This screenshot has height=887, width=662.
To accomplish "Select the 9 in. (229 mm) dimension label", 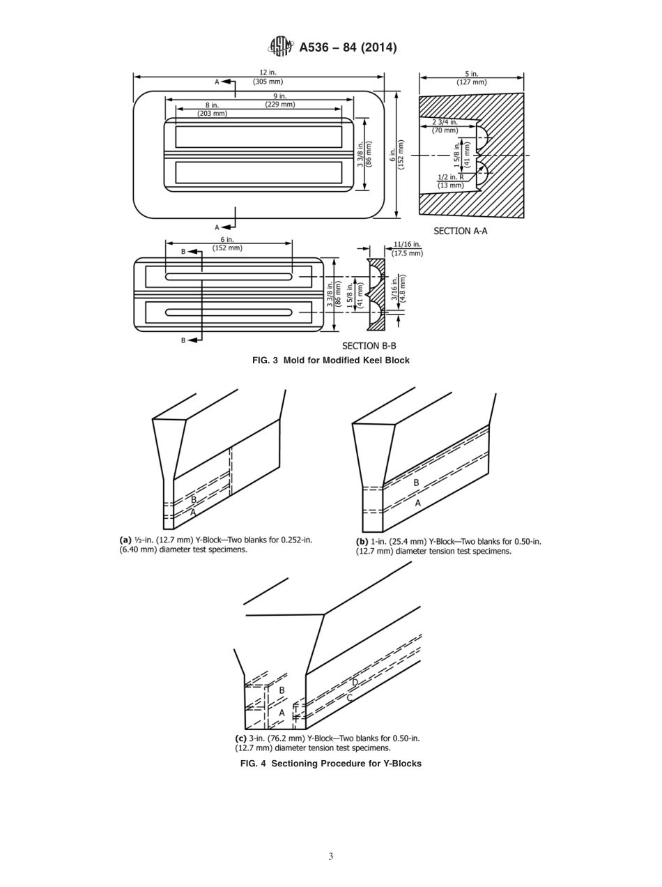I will click(279, 100).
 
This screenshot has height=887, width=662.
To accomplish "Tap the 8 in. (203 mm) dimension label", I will click(212, 109).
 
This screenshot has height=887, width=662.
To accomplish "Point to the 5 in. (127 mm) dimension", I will click(472, 77).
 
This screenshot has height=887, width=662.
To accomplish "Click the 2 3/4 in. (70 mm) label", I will click(445, 126).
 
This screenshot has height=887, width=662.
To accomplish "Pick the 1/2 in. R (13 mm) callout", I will click(450, 181).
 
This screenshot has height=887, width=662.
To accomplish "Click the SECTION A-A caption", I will click(460, 231).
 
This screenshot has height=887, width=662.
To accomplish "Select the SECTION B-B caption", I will click(369, 345).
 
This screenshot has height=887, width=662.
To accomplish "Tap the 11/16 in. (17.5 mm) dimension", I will click(407, 248).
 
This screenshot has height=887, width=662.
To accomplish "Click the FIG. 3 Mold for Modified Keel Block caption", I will click(330, 361).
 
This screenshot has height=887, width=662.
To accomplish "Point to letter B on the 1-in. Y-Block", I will click(417, 483).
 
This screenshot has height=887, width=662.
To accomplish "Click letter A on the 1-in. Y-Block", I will click(418, 503).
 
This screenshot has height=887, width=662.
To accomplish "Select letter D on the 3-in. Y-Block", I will click(355, 683).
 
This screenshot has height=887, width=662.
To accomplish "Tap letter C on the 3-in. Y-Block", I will click(349, 697).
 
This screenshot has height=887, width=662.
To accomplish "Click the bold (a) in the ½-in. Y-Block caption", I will click(125, 540).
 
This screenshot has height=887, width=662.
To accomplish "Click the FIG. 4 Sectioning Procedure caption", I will click(330, 764).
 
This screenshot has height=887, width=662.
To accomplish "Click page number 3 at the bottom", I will click(330, 857).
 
